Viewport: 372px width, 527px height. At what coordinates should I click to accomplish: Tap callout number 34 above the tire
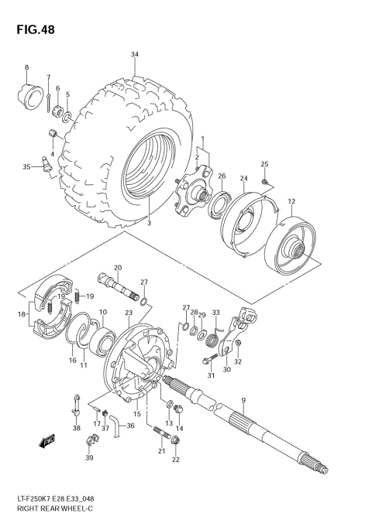[135, 54]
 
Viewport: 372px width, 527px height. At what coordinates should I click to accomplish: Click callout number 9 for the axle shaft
[243, 400]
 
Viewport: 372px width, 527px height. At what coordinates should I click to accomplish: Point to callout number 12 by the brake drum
[291, 202]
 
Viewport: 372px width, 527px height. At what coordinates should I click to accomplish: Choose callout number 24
[243, 179]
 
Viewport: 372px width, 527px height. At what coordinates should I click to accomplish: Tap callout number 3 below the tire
[150, 224]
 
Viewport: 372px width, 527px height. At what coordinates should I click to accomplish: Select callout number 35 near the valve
[26, 166]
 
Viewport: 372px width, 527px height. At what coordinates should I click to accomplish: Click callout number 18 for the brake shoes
[21, 314]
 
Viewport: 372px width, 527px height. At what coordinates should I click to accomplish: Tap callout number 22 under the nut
[175, 460]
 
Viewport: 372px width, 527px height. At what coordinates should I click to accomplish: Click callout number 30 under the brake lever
[226, 369]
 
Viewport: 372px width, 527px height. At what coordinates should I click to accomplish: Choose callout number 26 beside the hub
[222, 176]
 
